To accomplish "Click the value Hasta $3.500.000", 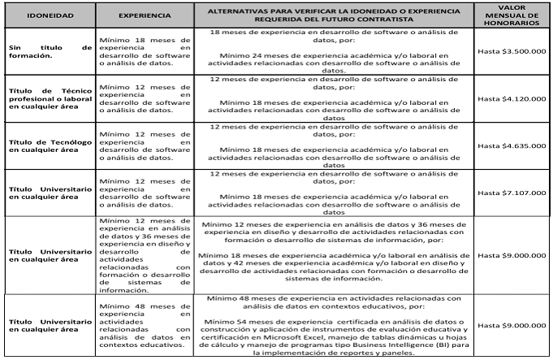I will tap(512, 52).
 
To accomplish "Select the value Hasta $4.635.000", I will tap(512, 148).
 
